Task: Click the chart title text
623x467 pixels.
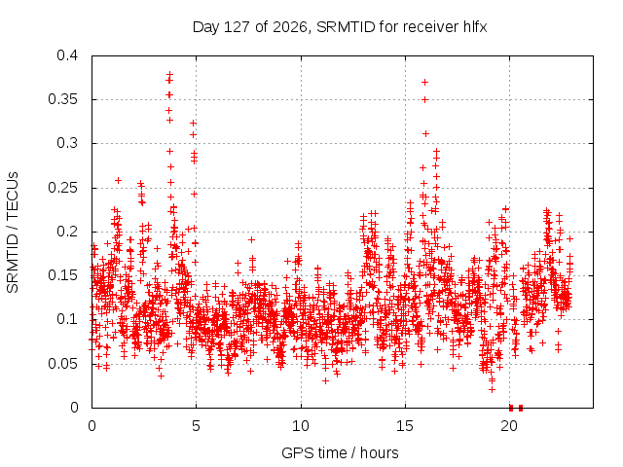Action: pos(340,27)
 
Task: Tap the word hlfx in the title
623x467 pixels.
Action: pos(475,27)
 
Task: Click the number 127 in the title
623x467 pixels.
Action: pos(237,27)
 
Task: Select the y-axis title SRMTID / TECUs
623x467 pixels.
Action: pos(13,233)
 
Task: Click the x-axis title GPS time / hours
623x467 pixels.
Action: pos(340,452)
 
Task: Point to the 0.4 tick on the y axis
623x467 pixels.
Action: pos(67,55)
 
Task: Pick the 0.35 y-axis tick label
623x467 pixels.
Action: pos(63,99)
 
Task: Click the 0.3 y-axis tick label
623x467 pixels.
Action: pos(67,143)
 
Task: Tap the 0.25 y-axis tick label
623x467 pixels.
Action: pos(63,188)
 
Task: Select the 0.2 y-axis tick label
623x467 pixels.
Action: pos(67,232)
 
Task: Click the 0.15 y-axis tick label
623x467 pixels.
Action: pos(63,275)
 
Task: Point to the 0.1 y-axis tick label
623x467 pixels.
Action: pos(67,319)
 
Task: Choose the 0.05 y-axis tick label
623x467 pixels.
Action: pos(63,363)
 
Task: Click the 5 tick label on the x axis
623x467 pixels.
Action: pos(196,426)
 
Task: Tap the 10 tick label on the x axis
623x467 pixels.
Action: pos(301,426)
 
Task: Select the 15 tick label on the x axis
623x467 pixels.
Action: pos(405,426)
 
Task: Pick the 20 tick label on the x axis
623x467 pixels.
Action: pos(509,426)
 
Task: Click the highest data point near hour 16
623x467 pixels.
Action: pos(424,82)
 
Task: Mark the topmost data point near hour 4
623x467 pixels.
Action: pos(170,74)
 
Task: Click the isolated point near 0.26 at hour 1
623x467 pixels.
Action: pos(118,180)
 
